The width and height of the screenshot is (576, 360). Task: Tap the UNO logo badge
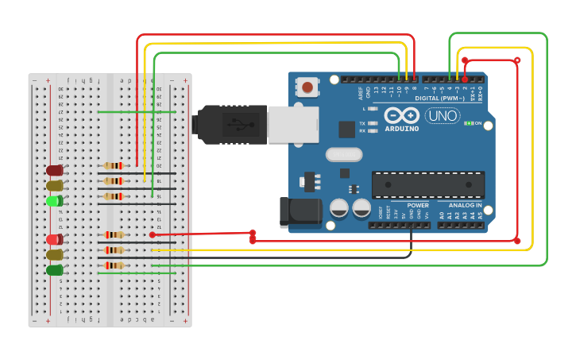443,116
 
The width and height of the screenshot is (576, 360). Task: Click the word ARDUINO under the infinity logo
402,129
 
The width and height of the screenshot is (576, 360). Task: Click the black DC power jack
300,212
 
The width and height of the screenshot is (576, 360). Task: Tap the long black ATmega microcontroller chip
428,185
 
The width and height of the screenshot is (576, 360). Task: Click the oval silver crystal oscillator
343,153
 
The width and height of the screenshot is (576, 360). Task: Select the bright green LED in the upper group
55,201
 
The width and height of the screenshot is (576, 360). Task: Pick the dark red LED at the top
55,170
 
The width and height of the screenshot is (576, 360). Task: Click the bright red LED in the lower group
55,239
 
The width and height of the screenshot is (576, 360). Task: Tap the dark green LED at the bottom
55,270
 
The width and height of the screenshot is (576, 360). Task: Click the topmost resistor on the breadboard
114,166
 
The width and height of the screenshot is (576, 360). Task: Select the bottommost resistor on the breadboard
114,265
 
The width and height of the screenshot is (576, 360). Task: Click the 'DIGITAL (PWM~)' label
439,99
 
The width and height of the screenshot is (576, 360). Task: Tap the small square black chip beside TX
346,130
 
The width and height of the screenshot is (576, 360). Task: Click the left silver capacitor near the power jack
339,208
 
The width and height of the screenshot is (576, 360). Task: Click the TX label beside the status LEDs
362,124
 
